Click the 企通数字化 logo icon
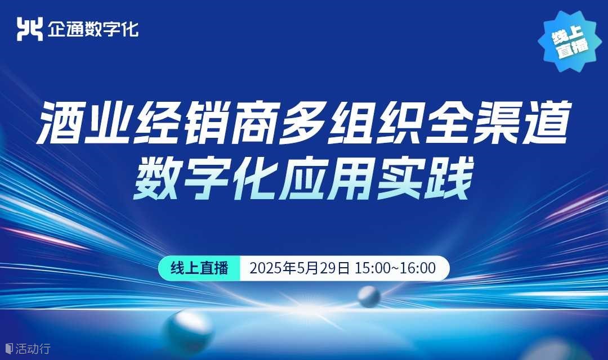29,29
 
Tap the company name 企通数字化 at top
93,29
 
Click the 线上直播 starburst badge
570,40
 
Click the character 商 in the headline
255,123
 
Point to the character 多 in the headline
303,123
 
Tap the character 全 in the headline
449,123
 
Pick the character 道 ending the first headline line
546,123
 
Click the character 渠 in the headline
498,123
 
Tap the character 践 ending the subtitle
449,178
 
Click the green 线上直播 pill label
199,268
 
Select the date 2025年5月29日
299,268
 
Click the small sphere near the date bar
369,297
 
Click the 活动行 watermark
28,348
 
